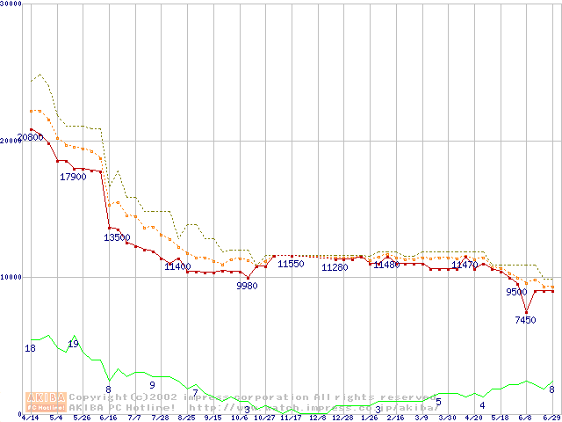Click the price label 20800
[30, 138]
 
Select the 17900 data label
[73, 177]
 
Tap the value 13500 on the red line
[117, 237]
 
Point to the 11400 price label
[177, 266]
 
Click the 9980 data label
[248, 286]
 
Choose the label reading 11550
[291, 264]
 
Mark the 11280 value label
[335, 267]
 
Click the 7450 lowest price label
[525, 320]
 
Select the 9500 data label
[516, 292]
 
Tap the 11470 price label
[465, 265]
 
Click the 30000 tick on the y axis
[11, 4]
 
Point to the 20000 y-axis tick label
[11, 141]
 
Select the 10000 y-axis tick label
[11, 277]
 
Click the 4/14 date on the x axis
[30, 418]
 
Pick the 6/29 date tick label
[552, 418]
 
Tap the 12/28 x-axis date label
[342, 418]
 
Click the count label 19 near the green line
[73, 344]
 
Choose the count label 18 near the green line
[30, 349]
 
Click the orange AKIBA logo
[47, 402]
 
